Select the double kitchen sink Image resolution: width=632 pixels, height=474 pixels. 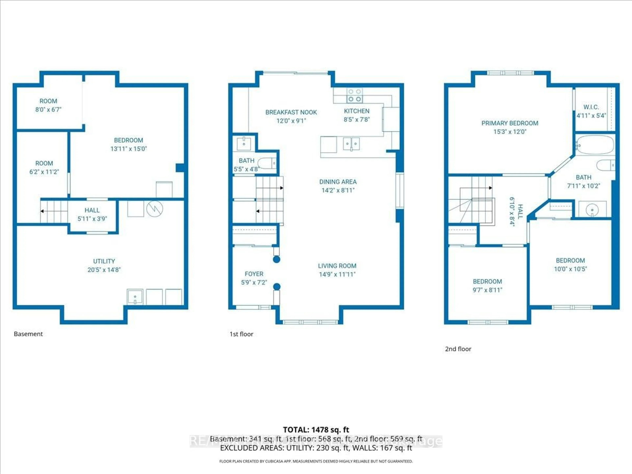click(351, 144)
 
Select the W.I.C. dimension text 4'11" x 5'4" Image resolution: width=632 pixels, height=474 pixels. click(591, 116)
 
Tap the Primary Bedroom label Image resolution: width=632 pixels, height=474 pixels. click(510, 123)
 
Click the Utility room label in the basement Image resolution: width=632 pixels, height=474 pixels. click(104, 261)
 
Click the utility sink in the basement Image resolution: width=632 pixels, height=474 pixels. click(135, 297)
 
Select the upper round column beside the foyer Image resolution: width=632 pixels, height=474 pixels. click(276, 259)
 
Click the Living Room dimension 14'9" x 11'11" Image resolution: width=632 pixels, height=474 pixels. click(337, 275)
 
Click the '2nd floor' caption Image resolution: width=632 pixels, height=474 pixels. click(458, 349)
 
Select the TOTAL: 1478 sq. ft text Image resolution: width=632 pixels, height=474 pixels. click(316, 430)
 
